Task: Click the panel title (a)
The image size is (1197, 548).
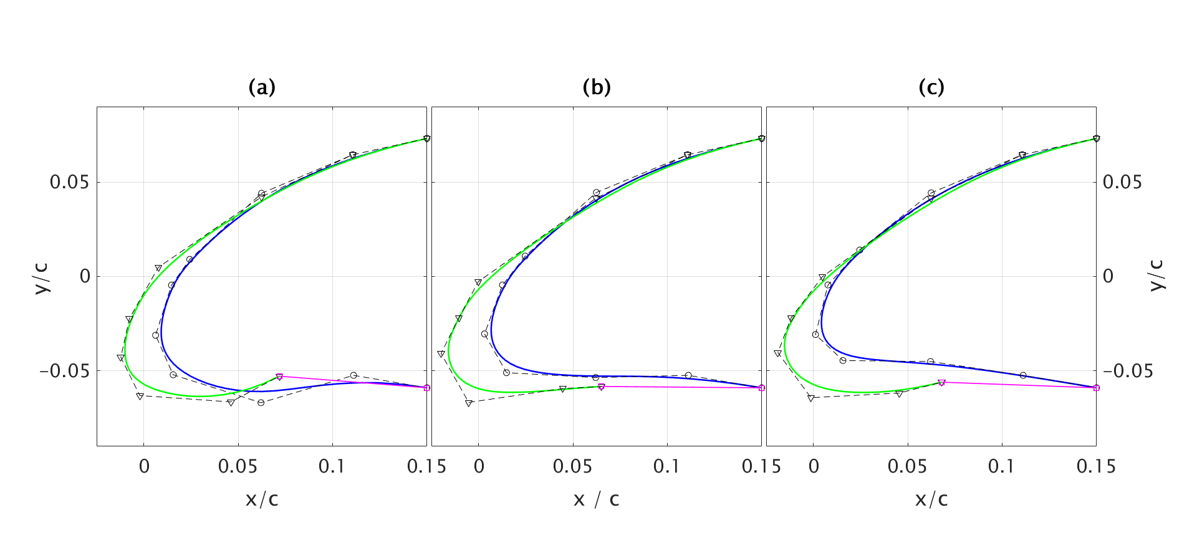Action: pos(262,87)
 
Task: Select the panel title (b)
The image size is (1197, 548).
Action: pos(597,87)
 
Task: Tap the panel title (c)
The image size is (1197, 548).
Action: pos(931,87)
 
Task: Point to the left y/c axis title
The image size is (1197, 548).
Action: pos(42,278)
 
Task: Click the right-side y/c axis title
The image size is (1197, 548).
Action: pos(1156,275)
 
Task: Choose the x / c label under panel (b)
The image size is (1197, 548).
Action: pos(597,499)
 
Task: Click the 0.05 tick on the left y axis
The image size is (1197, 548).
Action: pos(69,183)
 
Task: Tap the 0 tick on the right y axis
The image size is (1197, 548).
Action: pos(1108,276)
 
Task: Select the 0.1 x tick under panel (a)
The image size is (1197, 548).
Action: pos(332,466)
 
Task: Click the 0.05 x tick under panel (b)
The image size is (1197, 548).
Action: pos(572,466)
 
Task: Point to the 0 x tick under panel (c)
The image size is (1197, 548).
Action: pos(814,466)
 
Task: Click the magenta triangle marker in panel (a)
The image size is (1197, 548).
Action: pos(279,377)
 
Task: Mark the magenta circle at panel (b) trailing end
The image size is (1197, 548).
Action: pos(761,388)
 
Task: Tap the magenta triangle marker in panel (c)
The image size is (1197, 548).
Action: pos(941,382)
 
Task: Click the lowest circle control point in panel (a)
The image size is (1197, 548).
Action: pos(261,403)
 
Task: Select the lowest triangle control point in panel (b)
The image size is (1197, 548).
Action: pos(469,403)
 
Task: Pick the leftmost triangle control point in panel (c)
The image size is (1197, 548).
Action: pos(777,353)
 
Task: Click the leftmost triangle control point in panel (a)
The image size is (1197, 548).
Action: pos(120,357)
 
